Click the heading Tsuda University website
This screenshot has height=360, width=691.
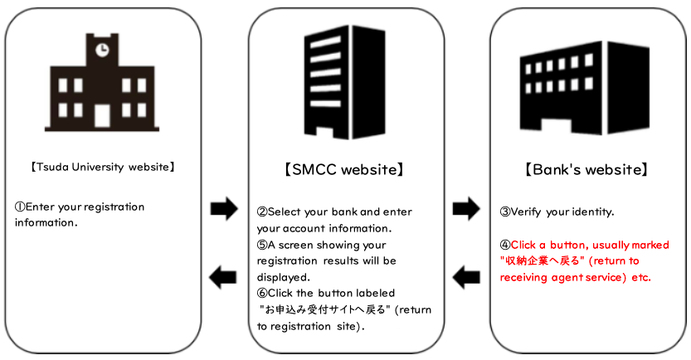click(x=103, y=167)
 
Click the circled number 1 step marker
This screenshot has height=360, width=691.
click(x=19, y=207)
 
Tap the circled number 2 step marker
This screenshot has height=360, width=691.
click(x=262, y=212)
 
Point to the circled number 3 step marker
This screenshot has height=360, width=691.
click(x=504, y=212)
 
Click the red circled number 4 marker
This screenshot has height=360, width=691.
click(x=504, y=245)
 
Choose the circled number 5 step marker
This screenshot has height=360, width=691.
click(x=262, y=245)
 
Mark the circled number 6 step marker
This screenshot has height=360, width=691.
click(x=262, y=293)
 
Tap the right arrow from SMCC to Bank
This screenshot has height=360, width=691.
click(x=466, y=209)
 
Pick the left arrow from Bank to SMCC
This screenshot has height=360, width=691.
click(x=466, y=276)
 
